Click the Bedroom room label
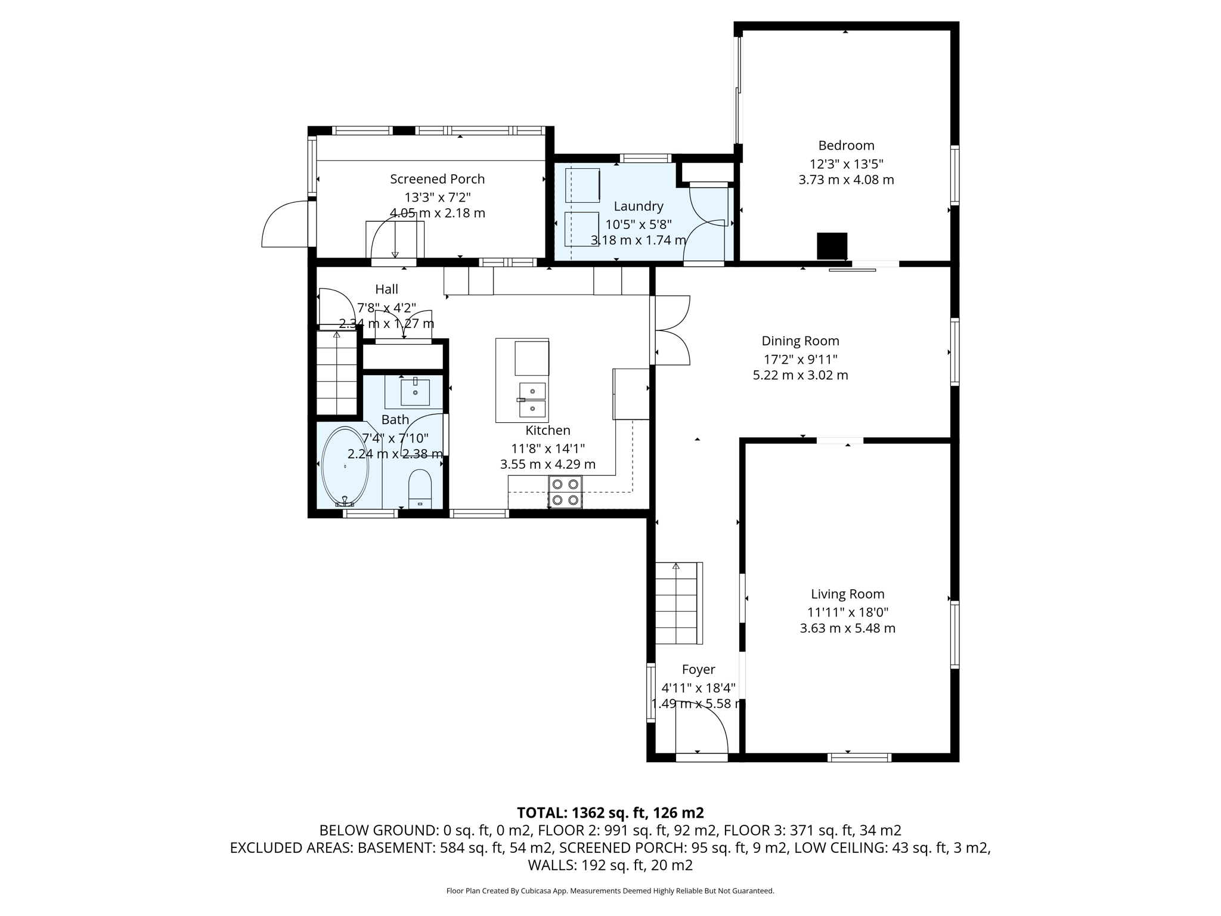(x=846, y=146)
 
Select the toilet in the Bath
(x=420, y=488)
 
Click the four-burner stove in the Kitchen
(x=565, y=492)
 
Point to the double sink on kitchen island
(x=532, y=400)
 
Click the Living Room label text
(x=847, y=594)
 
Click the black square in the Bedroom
(x=832, y=246)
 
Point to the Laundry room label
(x=639, y=206)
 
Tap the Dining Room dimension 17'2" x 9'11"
(x=800, y=359)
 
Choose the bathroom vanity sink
(x=415, y=392)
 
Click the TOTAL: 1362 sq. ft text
(x=610, y=813)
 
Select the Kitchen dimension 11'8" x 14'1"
(x=547, y=448)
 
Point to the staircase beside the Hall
(x=337, y=373)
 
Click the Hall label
(x=386, y=289)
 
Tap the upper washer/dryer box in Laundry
(x=582, y=185)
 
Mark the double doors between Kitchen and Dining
(x=672, y=330)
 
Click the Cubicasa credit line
(x=610, y=891)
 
